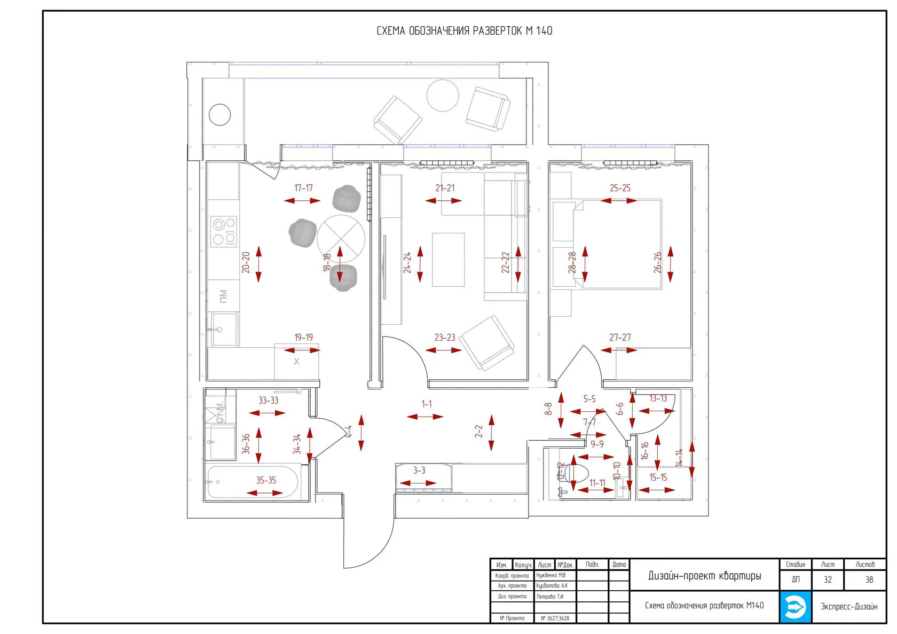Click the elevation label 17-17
303,188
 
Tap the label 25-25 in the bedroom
620,188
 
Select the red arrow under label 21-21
444,201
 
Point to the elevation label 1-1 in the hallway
427,404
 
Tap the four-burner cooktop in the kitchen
224,231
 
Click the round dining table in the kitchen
341,238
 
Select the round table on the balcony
443,96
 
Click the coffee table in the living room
448,260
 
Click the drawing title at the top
464,31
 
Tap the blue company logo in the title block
795,607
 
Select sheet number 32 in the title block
828,580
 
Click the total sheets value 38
869,580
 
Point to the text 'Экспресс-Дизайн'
849,607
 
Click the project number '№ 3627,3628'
555,619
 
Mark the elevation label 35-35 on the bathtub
266,480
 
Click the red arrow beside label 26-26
670,264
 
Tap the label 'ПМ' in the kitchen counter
223,295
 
